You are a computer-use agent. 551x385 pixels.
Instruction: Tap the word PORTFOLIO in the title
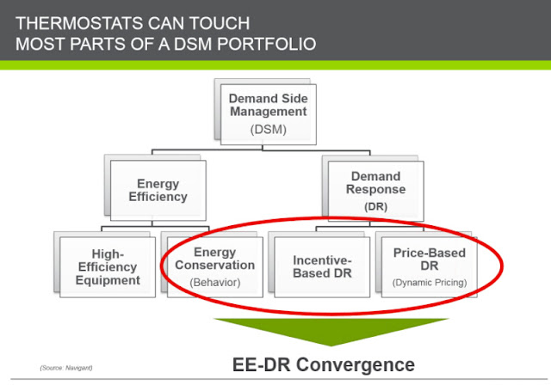(x=266, y=44)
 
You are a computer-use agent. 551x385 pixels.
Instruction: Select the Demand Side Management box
(x=268, y=114)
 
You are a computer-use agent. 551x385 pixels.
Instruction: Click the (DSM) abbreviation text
(x=268, y=130)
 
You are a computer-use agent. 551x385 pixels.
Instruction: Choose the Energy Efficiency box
(x=158, y=191)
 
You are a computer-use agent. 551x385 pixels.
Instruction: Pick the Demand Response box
(x=375, y=191)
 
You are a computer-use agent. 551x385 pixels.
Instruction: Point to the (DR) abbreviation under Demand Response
(x=375, y=206)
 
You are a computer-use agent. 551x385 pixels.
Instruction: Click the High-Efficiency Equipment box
(x=108, y=267)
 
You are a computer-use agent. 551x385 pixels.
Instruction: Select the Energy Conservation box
(x=215, y=267)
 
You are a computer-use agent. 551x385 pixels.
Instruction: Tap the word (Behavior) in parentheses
(x=215, y=282)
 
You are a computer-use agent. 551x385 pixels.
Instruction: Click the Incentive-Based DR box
(x=322, y=267)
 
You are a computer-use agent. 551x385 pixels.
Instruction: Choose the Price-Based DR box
(x=430, y=267)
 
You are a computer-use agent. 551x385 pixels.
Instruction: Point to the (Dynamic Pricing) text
(x=430, y=282)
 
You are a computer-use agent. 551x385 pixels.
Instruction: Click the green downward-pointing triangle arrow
(x=331, y=330)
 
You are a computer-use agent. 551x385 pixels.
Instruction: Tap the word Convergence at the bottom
(x=356, y=364)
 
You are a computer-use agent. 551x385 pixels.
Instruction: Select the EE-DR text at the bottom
(x=262, y=364)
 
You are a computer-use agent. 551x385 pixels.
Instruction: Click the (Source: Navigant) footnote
(x=66, y=368)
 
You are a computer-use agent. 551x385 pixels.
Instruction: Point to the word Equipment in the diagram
(x=108, y=280)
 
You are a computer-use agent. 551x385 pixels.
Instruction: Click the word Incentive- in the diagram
(x=322, y=260)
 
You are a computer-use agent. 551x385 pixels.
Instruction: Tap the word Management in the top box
(x=268, y=112)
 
